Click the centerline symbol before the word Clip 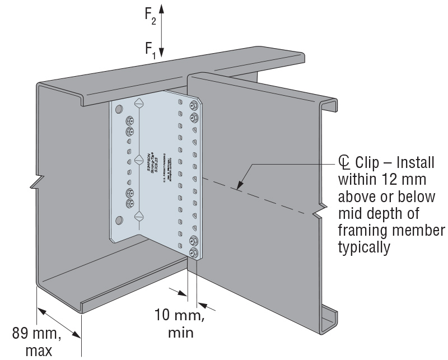click(344, 163)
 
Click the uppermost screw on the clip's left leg click(130, 120)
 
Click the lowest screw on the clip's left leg click(130, 202)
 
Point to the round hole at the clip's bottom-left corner click(118, 218)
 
